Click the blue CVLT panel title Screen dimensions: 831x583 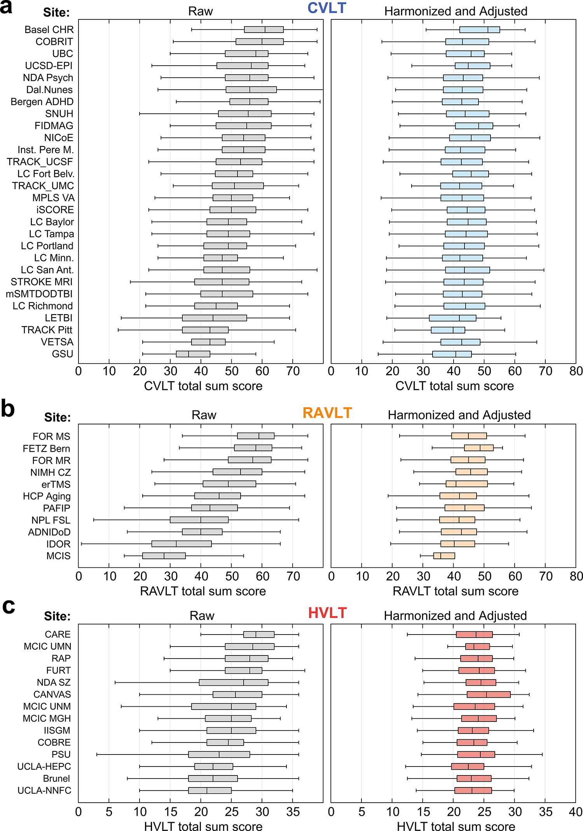tap(326, 8)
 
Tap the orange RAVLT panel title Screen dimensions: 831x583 tap(327, 413)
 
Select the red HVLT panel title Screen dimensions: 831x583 tap(327, 613)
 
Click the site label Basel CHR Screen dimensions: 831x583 tap(49, 30)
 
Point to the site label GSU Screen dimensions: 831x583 tap(63, 354)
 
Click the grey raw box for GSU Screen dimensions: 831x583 tap(193, 354)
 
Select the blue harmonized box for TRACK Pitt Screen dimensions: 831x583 tap(448, 330)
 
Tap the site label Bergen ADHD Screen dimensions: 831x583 tap(42, 102)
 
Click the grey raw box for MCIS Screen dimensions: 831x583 tap(164, 556)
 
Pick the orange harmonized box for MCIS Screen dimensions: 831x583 tap(444, 556)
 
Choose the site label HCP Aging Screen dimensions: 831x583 tap(47, 496)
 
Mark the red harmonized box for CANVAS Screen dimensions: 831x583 tap(489, 694)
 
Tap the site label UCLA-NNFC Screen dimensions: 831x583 tap(44, 791)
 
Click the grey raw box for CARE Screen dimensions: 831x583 tap(259, 635)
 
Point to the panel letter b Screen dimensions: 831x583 tap(8, 409)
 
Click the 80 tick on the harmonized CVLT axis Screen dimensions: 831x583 tap(576, 371)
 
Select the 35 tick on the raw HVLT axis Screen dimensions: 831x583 tap(293, 812)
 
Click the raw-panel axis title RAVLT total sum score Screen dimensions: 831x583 tap(203, 591)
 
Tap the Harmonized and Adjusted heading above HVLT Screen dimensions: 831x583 tap(455, 616)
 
